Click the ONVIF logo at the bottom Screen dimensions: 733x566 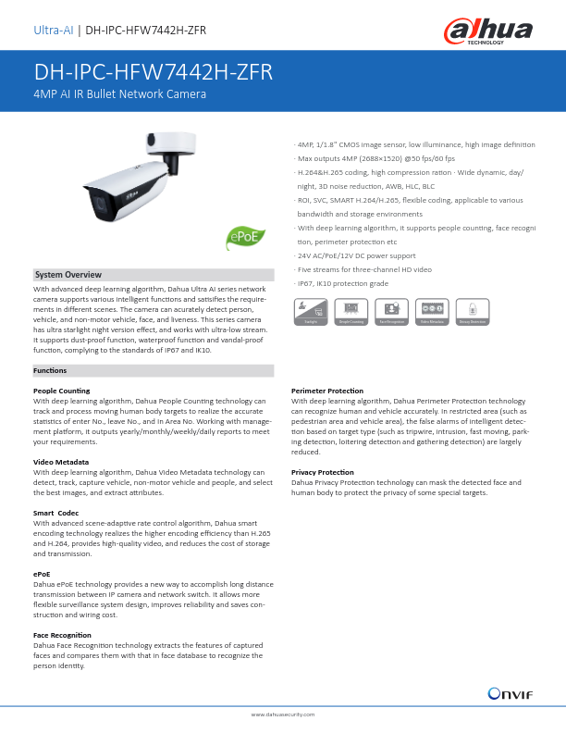[x=510, y=693]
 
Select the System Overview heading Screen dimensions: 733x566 [x=68, y=275]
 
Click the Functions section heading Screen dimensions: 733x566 [x=50, y=370]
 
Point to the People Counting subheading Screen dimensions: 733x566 [x=62, y=391]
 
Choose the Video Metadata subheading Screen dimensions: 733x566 [x=61, y=461]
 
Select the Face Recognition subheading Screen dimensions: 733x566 [x=62, y=634]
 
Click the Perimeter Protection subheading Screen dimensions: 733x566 [x=327, y=391]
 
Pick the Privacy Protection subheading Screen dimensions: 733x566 [x=323, y=471]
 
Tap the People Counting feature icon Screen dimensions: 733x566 [x=350, y=311]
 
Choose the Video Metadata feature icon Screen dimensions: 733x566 [x=432, y=311]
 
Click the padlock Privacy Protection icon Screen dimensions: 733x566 [x=473, y=311]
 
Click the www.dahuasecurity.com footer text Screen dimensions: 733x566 [x=283, y=715]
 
